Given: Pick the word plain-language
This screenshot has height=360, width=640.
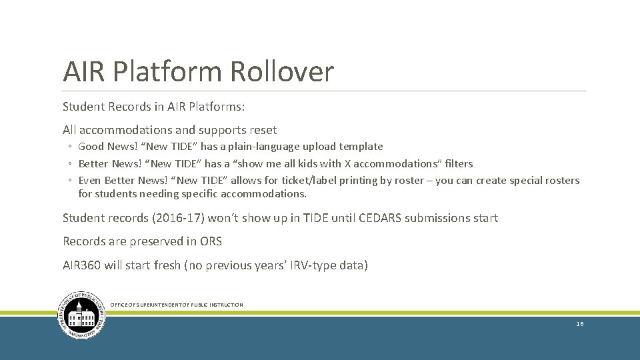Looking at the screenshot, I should tap(261, 147).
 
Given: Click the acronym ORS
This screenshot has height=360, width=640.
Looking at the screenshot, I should tap(210, 241).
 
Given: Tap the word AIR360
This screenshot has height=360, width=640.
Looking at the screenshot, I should tap(82, 265).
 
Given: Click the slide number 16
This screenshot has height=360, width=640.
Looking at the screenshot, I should tap(580, 324).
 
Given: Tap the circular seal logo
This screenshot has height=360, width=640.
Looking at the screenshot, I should tap(81, 315).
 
